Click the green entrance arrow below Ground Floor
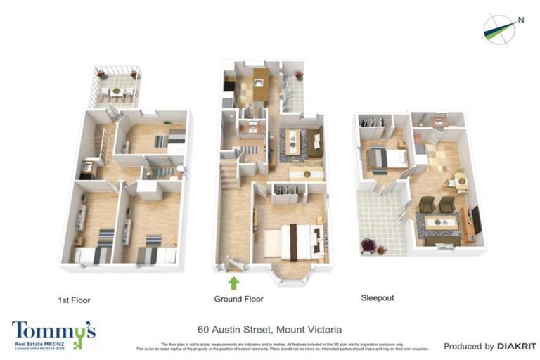tap(233, 283)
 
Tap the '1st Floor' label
tap(74, 300)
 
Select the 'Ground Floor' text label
tap(238, 299)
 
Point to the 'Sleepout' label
tap(377, 298)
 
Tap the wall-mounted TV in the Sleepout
tap(477, 219)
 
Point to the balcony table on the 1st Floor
tap(117, 91)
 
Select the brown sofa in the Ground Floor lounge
tap(314, 143)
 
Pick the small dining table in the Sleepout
tap(460, 180)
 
